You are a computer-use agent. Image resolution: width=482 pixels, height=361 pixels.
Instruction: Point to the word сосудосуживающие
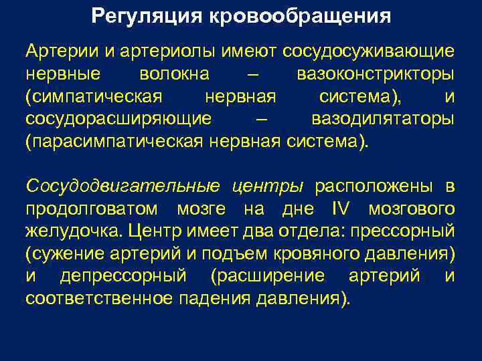pyautogui.click(x=370, y=51)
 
